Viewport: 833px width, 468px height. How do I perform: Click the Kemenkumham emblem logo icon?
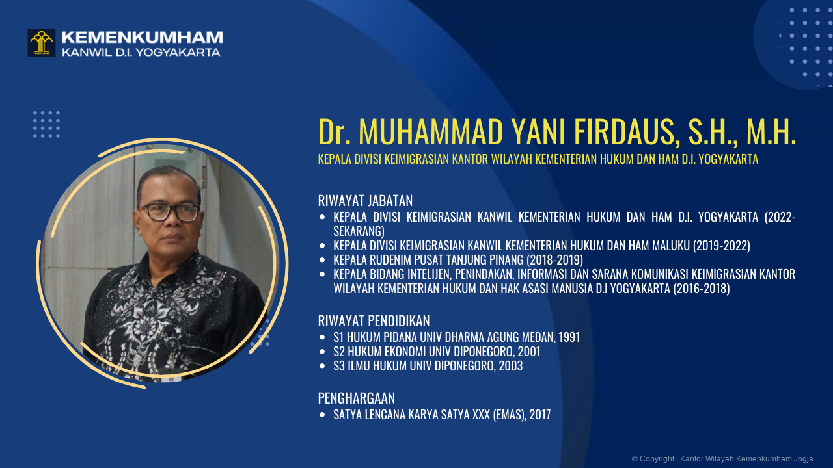41,42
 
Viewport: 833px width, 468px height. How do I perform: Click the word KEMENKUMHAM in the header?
142,37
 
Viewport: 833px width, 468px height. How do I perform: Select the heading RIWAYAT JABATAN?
365,200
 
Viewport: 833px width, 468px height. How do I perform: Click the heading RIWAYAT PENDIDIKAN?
374,320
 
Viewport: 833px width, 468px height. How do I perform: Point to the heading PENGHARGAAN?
356,398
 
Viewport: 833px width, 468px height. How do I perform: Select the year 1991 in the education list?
569,337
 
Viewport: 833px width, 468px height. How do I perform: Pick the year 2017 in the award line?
539,415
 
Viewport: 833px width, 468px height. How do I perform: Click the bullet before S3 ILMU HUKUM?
322,366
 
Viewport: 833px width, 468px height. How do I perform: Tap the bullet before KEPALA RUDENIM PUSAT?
322,260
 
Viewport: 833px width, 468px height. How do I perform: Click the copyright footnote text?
722,459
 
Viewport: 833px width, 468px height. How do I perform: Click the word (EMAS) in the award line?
508,415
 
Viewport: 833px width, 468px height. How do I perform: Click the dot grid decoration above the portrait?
46,124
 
